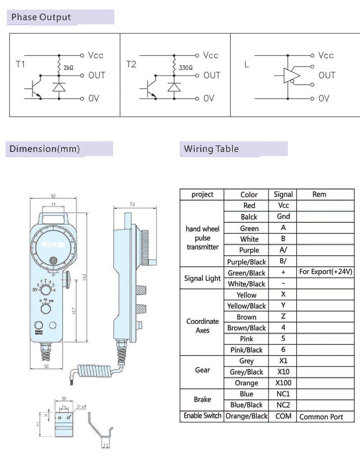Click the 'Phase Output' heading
pos(41,18)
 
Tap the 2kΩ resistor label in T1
pos(69,67)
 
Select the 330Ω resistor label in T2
pos(185,67)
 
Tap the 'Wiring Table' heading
pos(211,149)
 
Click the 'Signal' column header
pos(283,195)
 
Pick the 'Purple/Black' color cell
pos(247,262)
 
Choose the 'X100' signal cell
pos(283,383)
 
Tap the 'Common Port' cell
pos(321,417)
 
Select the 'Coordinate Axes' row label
pos(202,326)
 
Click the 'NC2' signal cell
pos(283,405)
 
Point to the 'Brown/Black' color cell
pos(247,328)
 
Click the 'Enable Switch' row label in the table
pos(202,416)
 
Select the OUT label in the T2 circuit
pos(212,75)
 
